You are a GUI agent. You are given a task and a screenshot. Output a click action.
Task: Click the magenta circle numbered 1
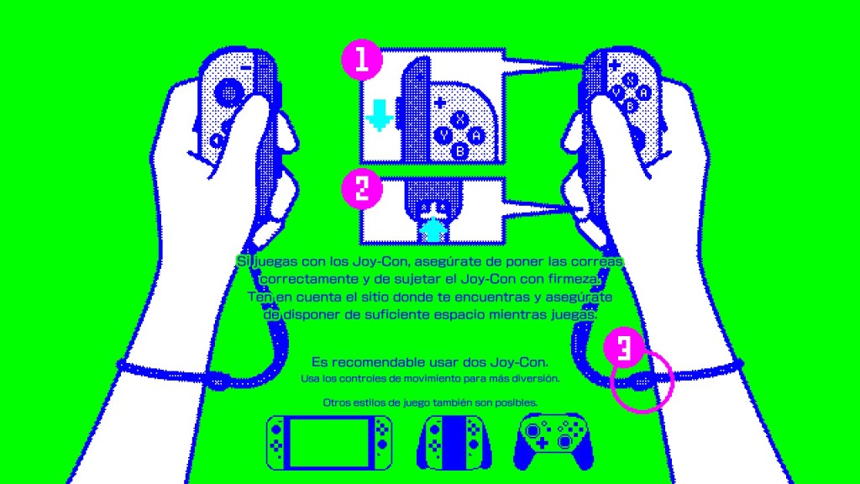pos(362,60)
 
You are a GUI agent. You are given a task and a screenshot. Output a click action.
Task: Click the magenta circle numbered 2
pos(362,188)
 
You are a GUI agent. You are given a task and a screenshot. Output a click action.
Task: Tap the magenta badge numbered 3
pos(624,347)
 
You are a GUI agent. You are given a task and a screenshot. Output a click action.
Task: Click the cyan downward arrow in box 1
pos(379,114)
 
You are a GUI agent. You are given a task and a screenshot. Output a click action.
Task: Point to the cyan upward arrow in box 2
pos(434,229)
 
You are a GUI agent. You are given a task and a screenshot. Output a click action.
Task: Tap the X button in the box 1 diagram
pos(459,118)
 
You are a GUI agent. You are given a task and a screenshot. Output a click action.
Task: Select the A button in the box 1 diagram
pos(476,135)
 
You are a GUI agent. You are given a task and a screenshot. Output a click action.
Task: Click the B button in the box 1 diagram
pos(459,151)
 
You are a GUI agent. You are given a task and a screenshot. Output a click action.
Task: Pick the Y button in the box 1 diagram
pos(443,135)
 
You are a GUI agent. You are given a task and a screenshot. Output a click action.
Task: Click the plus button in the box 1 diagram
pos(439,102)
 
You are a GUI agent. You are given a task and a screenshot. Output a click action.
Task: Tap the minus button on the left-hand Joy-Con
pos(246,67)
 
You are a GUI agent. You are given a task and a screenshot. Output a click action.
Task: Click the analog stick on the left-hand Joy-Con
pos(229,92)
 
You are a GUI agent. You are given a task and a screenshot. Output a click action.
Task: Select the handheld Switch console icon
pos(329,443)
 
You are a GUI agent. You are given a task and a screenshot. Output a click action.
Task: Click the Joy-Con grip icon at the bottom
pos(454,443)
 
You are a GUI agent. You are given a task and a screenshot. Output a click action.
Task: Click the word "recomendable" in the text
pos(391,362)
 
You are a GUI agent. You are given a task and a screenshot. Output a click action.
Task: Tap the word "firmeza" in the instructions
pos(573,279)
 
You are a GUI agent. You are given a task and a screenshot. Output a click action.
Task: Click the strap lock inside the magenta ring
pos(641,381)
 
